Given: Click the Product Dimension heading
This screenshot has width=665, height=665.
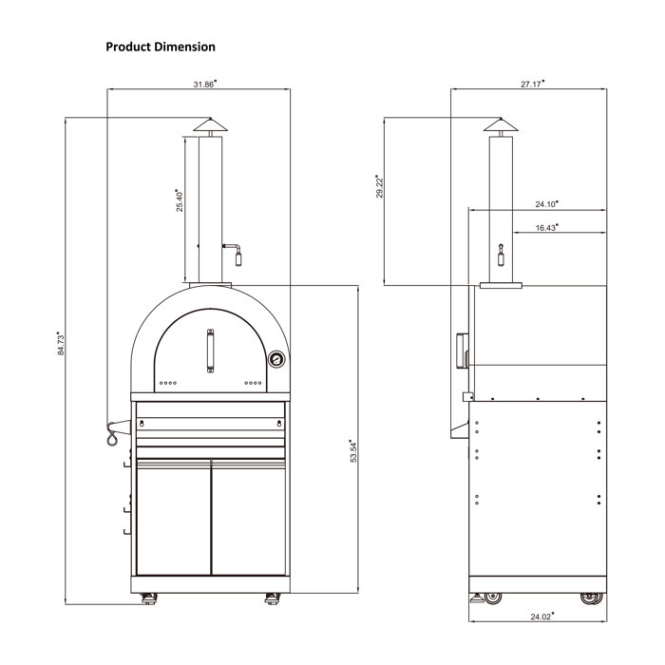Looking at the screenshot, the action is tap(161, 47).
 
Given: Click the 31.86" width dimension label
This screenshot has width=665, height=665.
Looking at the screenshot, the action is tap(205, 84).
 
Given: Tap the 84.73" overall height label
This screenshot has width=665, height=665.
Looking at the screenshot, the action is tap(61, 344).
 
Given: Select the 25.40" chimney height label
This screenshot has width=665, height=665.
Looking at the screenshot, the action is tap(180, 200).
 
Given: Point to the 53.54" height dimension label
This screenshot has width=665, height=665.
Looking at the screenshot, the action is tap(353, 451).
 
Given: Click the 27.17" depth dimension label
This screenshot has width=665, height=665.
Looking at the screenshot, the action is tap(532, 84).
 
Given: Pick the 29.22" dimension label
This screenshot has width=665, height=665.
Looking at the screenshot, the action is tap(379, 186).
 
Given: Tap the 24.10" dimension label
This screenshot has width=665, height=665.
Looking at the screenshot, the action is tap(546, 204).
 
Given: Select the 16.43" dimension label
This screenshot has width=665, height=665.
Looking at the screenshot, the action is tap(546, 228).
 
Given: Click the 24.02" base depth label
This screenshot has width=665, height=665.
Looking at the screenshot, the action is tap(542, 617).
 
